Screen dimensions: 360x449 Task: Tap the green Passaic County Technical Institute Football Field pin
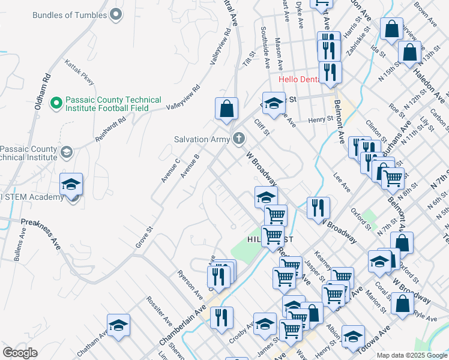(x=56, y=103)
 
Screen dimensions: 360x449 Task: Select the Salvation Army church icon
(x=239, y=139)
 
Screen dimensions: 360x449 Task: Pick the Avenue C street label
(x=170, y=170)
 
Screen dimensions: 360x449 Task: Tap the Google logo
(x=20, y=353)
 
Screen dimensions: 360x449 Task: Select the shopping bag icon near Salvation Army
(x=226, y=109)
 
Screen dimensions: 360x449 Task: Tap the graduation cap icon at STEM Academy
(x=71, y=184)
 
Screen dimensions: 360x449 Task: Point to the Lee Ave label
(x=342, y=181)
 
